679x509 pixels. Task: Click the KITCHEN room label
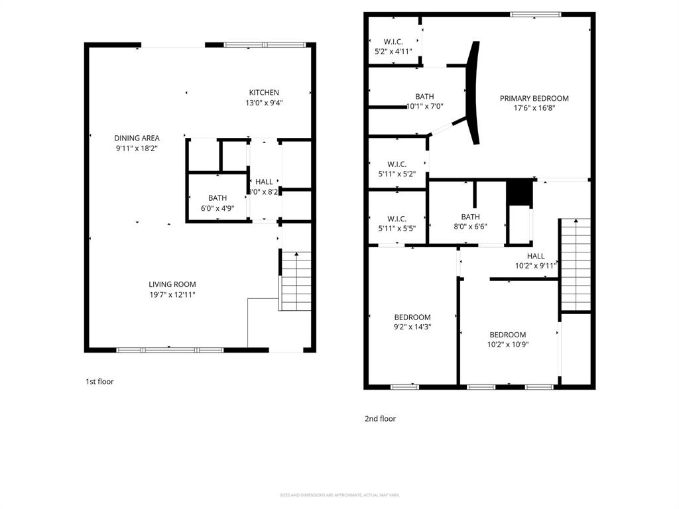(264, 93)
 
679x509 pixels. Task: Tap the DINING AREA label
(137, 139)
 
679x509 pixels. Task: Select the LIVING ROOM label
(172, 284)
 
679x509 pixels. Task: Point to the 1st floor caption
(99, 382)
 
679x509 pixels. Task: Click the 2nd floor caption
(380, 419)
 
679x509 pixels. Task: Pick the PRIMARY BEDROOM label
(534, 99)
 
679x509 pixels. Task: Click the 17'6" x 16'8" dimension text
(534, 108)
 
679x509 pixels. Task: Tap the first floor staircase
(296, 281)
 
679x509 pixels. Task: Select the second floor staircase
(575, 264)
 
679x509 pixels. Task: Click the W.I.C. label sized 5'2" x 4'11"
(393, 42)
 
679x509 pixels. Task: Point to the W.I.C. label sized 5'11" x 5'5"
(397, 219)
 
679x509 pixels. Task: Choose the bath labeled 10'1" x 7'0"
(424, 97)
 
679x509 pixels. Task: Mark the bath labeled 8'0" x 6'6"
(470, 217)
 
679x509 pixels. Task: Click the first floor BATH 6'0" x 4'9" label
(217, 198)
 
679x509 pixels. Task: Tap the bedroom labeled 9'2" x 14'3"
(412, 317)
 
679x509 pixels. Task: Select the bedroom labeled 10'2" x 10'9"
(508, 335)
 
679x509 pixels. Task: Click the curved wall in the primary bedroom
(472, 93)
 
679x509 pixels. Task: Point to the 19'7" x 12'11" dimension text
(172, 294)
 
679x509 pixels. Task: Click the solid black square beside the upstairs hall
(520, 193)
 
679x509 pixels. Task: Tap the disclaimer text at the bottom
(339, 495)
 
